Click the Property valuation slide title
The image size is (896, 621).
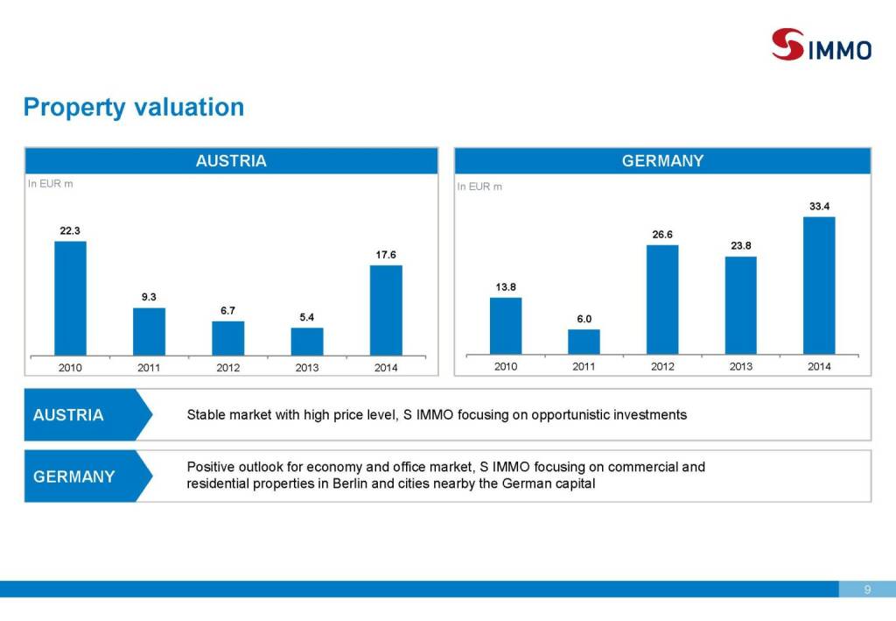coord(134,108)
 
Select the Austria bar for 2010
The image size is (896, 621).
coord(70,298)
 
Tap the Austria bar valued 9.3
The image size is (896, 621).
coord(149,331)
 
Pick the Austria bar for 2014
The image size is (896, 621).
coord(386,310)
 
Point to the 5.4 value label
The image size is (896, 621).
coord(307,317)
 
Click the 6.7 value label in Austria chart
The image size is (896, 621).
coord(227,310)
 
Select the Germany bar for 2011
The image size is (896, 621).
coord(584,342)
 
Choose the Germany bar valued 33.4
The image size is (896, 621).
coord(819,285)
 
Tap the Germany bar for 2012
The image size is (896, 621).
coord(662,300)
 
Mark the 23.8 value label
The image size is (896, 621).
coord(741,245)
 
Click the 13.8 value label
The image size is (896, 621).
coord(506,286)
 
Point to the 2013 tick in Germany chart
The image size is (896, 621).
coord(741,367)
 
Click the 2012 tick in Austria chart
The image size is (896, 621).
coord(227,368)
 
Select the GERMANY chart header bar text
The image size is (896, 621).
coord(662,161)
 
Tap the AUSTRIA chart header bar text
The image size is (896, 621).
coord(231,161)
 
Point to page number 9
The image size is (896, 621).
coord(867,589)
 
